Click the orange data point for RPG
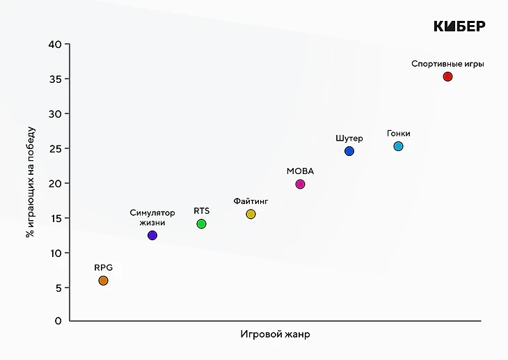pos(103,281)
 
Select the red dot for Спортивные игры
pos(447,77)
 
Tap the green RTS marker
pos(201,224)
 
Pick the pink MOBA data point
pos(300,185)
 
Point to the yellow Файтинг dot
pos(251,214)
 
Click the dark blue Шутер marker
pos(349,151)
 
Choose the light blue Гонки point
pos(398,146)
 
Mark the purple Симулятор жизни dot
pos(152,235)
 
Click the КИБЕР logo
pos(459,26)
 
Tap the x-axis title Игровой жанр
pos(275,334)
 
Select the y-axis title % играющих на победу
pos(30,182)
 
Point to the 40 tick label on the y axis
pos(56,45)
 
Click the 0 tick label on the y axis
pos(58,321)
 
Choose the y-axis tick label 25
pos(56,148)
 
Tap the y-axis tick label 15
pos(56,218)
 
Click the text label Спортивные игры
pos(447,63)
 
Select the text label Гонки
pos(399,133)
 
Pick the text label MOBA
pos(300,171)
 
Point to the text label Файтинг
pos(251,201)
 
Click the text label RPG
pos(103,267)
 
